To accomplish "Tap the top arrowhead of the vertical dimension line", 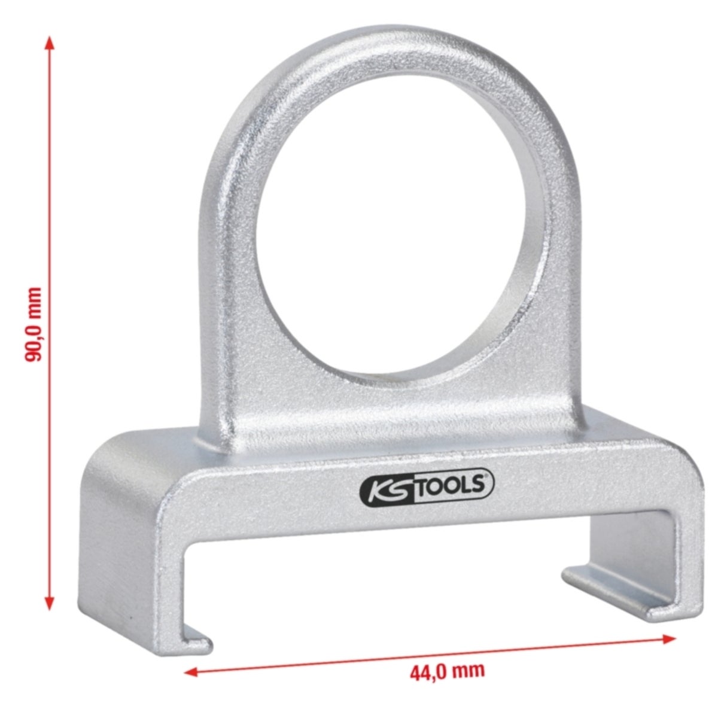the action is [x=50, y=43].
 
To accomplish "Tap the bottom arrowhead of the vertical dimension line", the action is [x=50, y=604].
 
